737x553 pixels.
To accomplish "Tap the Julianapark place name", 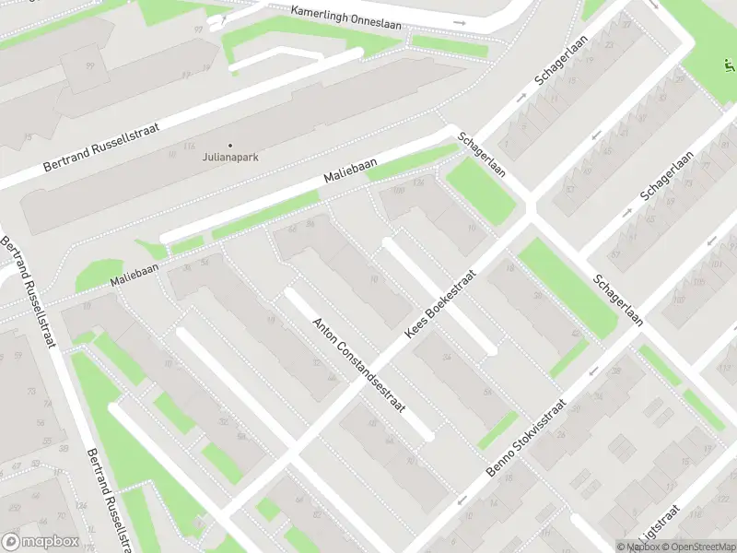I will click(230, 157).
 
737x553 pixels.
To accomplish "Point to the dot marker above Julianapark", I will click(230, 145).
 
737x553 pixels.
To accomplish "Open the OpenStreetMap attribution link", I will click(701, 547).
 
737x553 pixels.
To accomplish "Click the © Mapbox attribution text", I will click(638, 547).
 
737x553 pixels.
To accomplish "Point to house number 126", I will click(419, 182).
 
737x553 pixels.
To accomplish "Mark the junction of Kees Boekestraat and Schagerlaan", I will click(531, 218).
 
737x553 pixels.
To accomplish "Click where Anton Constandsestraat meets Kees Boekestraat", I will click(293, 452).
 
